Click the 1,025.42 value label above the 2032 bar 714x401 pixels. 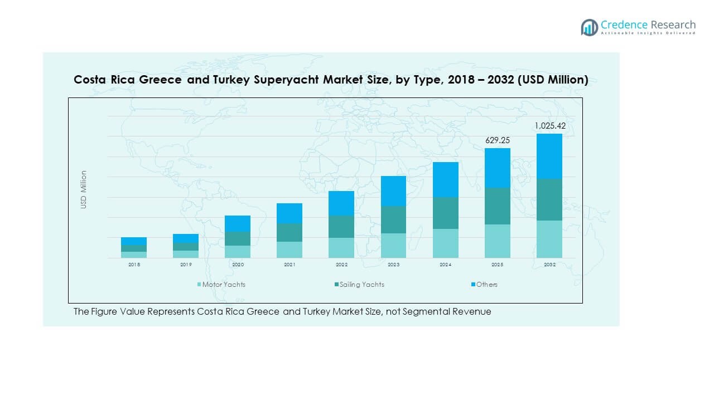pyautogui.click(x=549, y=126)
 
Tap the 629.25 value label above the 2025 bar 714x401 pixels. pyautogui.click(x=498, y=140)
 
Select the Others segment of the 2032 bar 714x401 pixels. pyautogui.click(x=549, y=156)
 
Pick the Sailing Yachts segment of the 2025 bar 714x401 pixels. pyautogui.click(x=498, y=206)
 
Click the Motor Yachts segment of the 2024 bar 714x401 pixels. pyautogui.click(x=446, y=243)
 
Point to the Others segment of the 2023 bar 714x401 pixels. pyautogui.click(x=394, y=191)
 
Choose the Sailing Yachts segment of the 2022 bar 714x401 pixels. pyautogui.click(x=341, y=227)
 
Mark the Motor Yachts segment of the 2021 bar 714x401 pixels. pyautogui.click(x=290, y=250)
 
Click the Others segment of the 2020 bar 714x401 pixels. pyautogui.click(x=238, y=223)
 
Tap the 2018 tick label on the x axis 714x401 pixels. pyautogui.click(x=134, y=265)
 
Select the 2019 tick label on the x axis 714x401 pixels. pyautogui.click(x=186, y=265)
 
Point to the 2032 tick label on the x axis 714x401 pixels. pyautogui.click(x=549, y=265)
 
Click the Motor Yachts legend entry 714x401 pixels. pyautogui.click(x=223, y=285)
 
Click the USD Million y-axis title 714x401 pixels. pyautogui.click(x=84, y=189)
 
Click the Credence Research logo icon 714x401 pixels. pyautogui.click(x=589, y=27)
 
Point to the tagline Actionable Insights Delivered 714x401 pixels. pyautogui.click(x=648, y=33)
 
